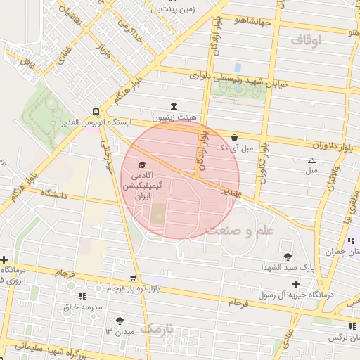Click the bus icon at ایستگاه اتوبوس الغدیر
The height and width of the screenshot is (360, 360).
point(95,111)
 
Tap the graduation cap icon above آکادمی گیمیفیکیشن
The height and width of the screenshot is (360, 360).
point(152,165)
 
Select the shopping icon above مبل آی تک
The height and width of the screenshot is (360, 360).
point(234,137)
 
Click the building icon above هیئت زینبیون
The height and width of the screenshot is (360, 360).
point(174,105)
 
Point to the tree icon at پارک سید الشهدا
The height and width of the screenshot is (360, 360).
point(287,256)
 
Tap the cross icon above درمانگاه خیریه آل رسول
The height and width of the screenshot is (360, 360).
point(295,284)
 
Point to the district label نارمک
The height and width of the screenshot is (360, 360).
point(156,328)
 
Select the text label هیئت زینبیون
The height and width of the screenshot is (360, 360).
point(174,117)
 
